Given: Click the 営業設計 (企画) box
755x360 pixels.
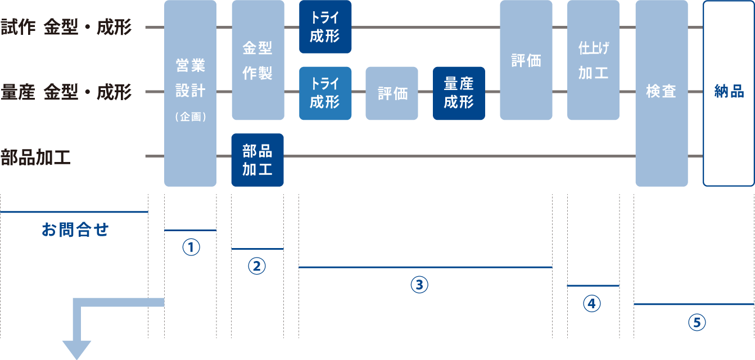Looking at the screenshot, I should (x=190, y=93).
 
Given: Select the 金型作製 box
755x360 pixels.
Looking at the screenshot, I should (x=257, y=60).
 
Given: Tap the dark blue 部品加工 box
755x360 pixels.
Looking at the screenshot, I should (x=257, y=160).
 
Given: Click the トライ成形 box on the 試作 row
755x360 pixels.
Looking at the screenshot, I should (x=325, y=27).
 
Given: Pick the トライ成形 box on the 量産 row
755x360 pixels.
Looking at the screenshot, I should (x=325, y=93).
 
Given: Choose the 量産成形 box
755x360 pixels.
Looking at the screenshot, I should (x=459, y=93).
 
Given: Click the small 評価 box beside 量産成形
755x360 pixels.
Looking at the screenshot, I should (x=392, y=93).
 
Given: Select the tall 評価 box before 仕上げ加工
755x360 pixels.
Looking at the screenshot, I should (x=526, y=60).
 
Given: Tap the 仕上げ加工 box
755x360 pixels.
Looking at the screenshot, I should (x=593, y=60).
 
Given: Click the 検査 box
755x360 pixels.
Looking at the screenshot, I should (x=661, y=93).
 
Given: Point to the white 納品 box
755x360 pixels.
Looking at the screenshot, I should (x=729, y=93).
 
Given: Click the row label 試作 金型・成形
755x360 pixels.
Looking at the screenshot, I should (x=66, y=28).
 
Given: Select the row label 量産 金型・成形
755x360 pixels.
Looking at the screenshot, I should (x=66, y=92).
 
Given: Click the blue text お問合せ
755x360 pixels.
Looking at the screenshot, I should (x=75, y=229).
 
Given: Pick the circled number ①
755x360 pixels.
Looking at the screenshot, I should (x=191, y=247).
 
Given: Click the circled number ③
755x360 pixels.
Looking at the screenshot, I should (x=419, y=285).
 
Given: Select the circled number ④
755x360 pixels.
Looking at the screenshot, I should (x=592, y=304).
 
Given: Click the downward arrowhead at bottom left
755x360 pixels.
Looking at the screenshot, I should (x=76, y=349).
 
